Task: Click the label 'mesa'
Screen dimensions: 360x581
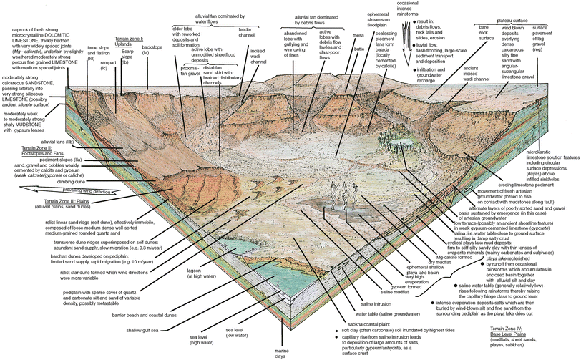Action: pyautogui.click(x=358, y=34)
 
